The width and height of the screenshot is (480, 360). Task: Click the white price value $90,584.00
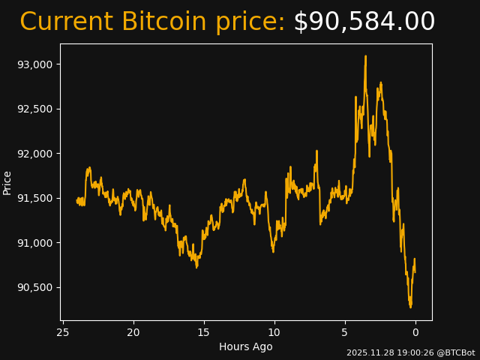click(x=364, y=22)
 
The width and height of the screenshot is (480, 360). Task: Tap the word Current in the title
click(x=67, y=22)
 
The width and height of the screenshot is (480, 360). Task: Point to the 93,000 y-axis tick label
click(x=34, y=64)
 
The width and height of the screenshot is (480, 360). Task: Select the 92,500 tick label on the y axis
click(x=34, y=109)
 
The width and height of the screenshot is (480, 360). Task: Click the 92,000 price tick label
click(x=34, y=154)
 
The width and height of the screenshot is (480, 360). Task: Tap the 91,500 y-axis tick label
click(x=34, y=198)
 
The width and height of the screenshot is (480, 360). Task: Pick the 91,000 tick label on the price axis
click(x=34, y=243)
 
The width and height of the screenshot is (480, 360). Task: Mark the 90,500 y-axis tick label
click(x=34, y=287)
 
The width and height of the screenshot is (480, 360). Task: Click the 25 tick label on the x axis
click(x=63, y=332)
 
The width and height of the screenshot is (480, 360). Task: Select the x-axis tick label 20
click(x=133, y=332)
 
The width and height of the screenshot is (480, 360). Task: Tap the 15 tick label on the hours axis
click(x=204, y=332)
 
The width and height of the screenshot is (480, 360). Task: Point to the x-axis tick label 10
click(x=274, y=332)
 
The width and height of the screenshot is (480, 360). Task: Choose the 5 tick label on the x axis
click(x=345, y=332)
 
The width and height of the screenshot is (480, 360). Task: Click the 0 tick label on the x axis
click(x=415, y=332)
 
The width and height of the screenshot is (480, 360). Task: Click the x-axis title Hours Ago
click(x=246, y=346)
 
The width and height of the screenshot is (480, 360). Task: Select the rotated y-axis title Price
click(x=7, y=182)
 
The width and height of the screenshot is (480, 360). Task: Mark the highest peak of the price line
click(x=366, y=55)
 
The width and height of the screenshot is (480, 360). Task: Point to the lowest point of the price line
click(x=410, y=307)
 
